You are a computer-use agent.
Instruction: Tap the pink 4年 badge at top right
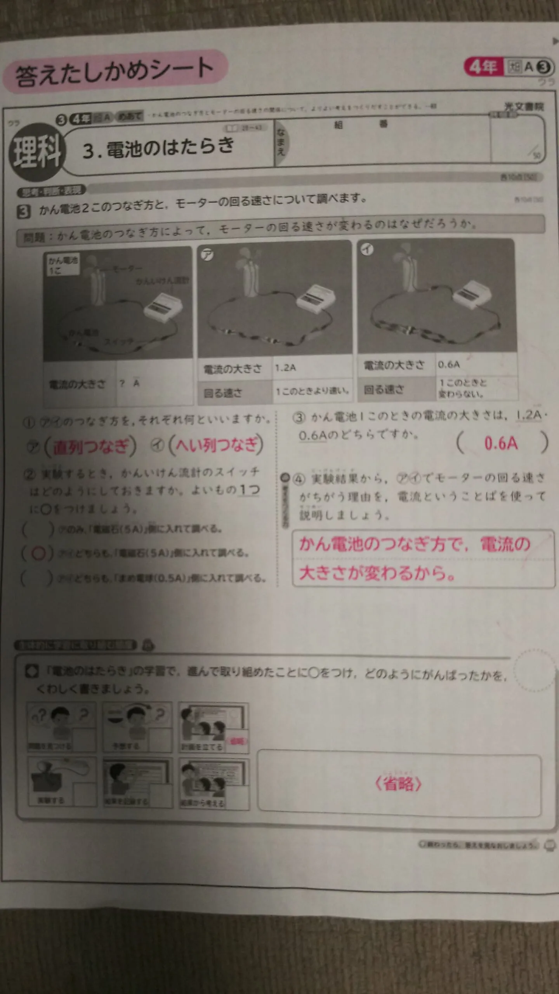pos(483,67)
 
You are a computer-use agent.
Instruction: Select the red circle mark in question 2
pos(38,554)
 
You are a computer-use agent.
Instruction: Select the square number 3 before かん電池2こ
pos(24,212)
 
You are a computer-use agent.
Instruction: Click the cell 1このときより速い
pos(312,391)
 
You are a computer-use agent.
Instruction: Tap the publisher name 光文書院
pos(524,106)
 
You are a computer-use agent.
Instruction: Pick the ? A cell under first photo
pos(130,383)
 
